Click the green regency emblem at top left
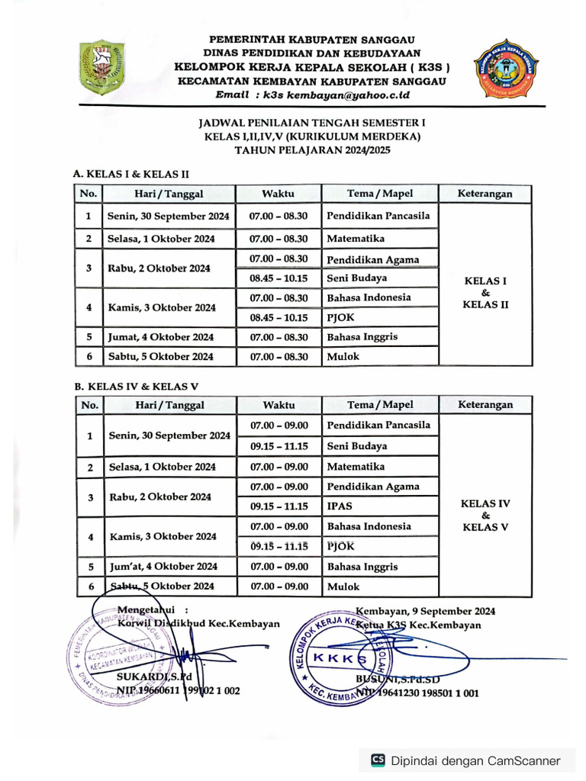(101, 67)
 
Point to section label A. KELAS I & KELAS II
(131, 174)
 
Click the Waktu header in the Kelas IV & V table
(279, 405)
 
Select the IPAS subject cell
(340, 506)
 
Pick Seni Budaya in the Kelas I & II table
(356, 278)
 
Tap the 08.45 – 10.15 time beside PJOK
(279, 318)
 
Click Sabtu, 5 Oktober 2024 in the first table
(160, 356)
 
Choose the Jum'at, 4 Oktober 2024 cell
(163, 567)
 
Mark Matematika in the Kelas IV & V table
(356, 467)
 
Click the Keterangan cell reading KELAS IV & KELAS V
(486, 516)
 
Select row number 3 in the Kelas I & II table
(89, 268)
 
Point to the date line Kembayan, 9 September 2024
(425, 611)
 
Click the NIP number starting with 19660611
(178, 691)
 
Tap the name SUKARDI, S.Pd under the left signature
(153, 677)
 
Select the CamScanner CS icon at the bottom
(378, 760)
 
